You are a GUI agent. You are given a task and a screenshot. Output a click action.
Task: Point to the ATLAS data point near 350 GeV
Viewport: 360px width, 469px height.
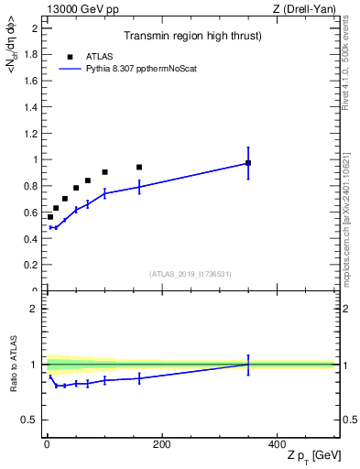point(247,163)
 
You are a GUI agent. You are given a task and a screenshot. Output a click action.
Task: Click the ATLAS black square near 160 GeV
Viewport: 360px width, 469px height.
point(139,168)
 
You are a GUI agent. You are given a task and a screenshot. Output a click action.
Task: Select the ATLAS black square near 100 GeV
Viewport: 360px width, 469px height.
point(104,172)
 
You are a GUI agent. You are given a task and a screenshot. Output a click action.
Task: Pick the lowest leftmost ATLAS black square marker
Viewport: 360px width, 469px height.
point(49,217)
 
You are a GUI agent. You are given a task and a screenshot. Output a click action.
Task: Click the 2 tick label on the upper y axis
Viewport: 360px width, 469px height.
point(34,27)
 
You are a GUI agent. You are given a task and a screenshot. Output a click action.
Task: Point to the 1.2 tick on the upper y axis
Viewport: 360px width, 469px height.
point(30,133)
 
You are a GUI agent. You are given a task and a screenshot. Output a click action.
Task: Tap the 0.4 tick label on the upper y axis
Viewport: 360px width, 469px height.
point(30,239)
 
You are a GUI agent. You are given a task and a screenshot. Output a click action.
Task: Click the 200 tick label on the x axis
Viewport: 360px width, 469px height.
point(161,444)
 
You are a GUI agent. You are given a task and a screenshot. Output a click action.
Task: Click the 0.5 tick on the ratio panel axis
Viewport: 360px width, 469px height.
point(30,420)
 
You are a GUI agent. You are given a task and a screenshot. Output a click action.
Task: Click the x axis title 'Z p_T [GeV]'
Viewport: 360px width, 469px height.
point(309,457)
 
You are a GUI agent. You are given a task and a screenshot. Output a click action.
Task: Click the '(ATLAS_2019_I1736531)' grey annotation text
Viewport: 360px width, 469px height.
point(191,274)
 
